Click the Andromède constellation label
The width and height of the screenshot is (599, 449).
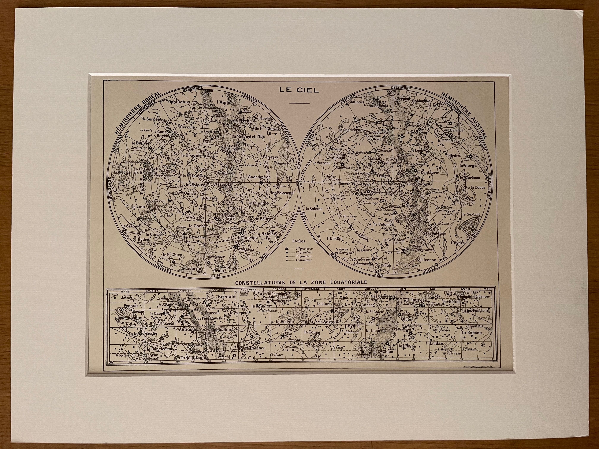pos(259,177)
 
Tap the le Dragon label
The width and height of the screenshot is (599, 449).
pos(191,155)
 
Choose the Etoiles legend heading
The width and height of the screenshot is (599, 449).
pos(299,241)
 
